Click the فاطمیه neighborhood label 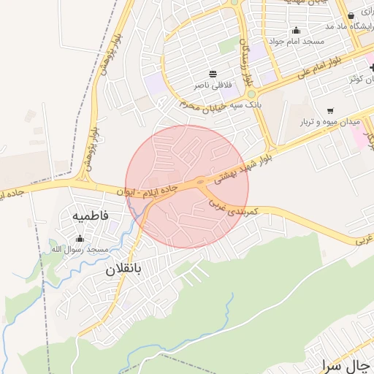pyautogui.click(x=91, y=216)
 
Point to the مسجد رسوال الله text pyautogui.click(x=79, y=249)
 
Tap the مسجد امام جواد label pyautogui.click(x=296, y=42)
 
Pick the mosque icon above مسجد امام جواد pyautogui.click(x=296, y=30)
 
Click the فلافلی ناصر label pyautogui.click(x=212, y=85)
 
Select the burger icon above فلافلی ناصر pyautogui.click(x=213, y=74)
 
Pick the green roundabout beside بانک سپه pyautogui.click(x=251, y=93)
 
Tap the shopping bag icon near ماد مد pyautogui.click(x=351, y=16)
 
